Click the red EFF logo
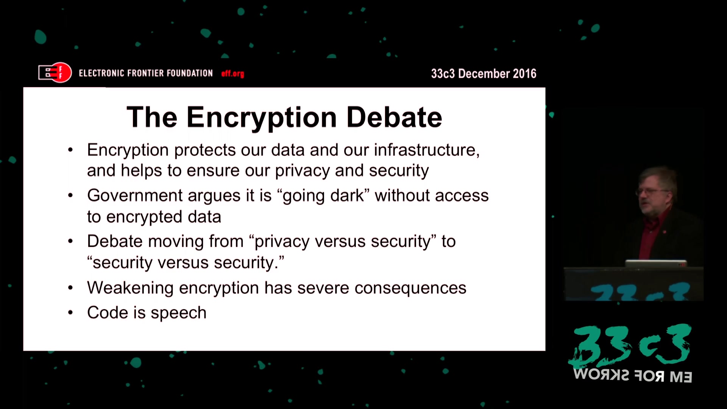pyautogui.click(x=55, y=72)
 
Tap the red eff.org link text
pyautogui.click(x=232, y=73)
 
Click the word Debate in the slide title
pyautogui.click(x=394, y=117)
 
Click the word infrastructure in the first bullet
pyautogui.click(x=427, y=150)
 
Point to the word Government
pyautogui.click(x=135, y=195)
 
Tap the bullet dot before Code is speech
pyautogui.click(x=70, y=313)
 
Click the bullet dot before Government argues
pyautogui.click(x=70, y=196)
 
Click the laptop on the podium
pyautogui.click(x=656, y=263)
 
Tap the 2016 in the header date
pyautogui.click(x=524, y=73)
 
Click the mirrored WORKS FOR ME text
pyautogui.click(x=633, y=376)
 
